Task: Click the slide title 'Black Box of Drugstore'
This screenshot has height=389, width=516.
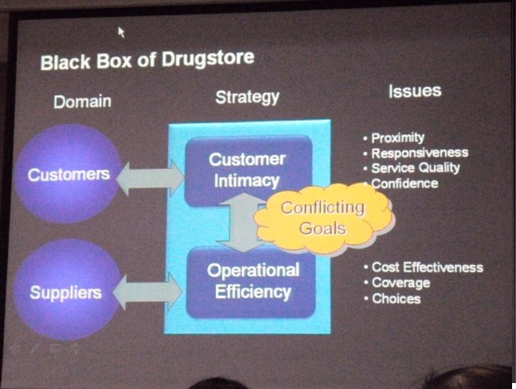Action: click(x=147, y=60)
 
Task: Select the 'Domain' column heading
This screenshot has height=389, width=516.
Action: click(x=82, y=102)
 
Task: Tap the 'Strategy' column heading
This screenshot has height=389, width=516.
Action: click(x=247, y=97)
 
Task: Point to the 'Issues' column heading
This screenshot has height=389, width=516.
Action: click(x=414, y=91)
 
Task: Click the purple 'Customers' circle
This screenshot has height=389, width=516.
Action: click(x=68, y=174)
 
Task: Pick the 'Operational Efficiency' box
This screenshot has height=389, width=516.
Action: click(x=252, y=281)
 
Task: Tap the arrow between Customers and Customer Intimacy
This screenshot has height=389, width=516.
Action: click(x=150, y=175)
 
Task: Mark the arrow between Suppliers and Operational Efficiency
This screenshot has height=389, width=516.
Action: click(x=147, y=291)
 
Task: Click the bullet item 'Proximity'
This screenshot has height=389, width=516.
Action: click(x=397, y=138)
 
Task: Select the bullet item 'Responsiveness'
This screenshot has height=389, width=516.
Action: click(x=419, y=153)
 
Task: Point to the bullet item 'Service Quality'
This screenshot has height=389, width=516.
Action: click(x=415, y=168)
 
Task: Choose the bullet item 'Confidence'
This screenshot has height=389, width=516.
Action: click(x=404, y=183)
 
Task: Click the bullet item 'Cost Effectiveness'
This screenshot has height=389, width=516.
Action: click(x=426, y=267)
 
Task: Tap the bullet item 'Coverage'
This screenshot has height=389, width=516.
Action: click(x=400, y=283)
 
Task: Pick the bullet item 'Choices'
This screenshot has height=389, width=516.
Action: click(x=396, y=299)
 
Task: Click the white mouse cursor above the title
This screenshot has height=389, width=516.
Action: click(x=121, y=31)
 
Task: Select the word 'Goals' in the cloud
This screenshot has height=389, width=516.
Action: click(x=322, y=229)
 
